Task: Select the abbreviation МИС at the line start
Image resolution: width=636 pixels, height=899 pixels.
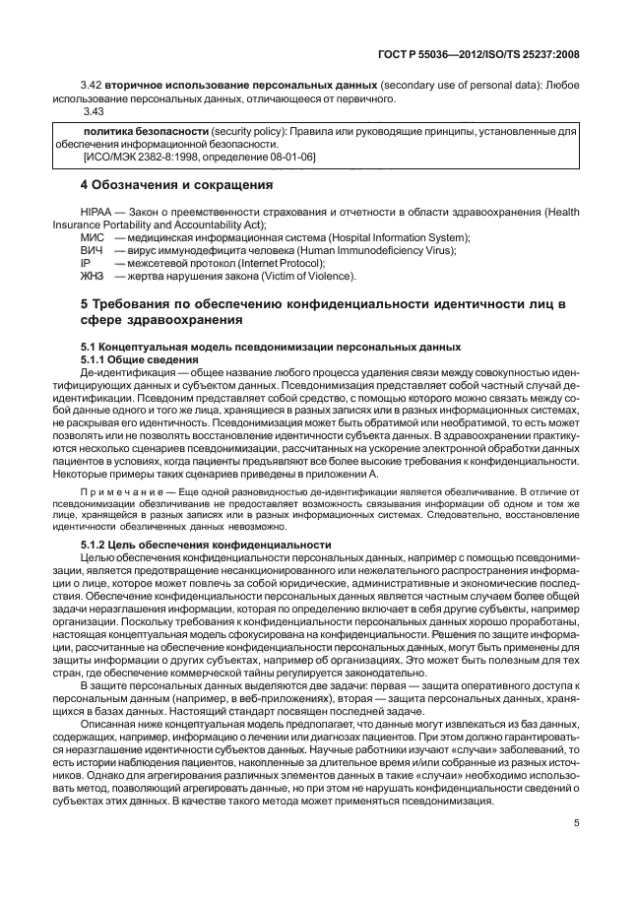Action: coord(92,237)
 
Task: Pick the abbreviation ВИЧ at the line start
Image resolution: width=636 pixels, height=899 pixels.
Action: coord(92,250)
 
